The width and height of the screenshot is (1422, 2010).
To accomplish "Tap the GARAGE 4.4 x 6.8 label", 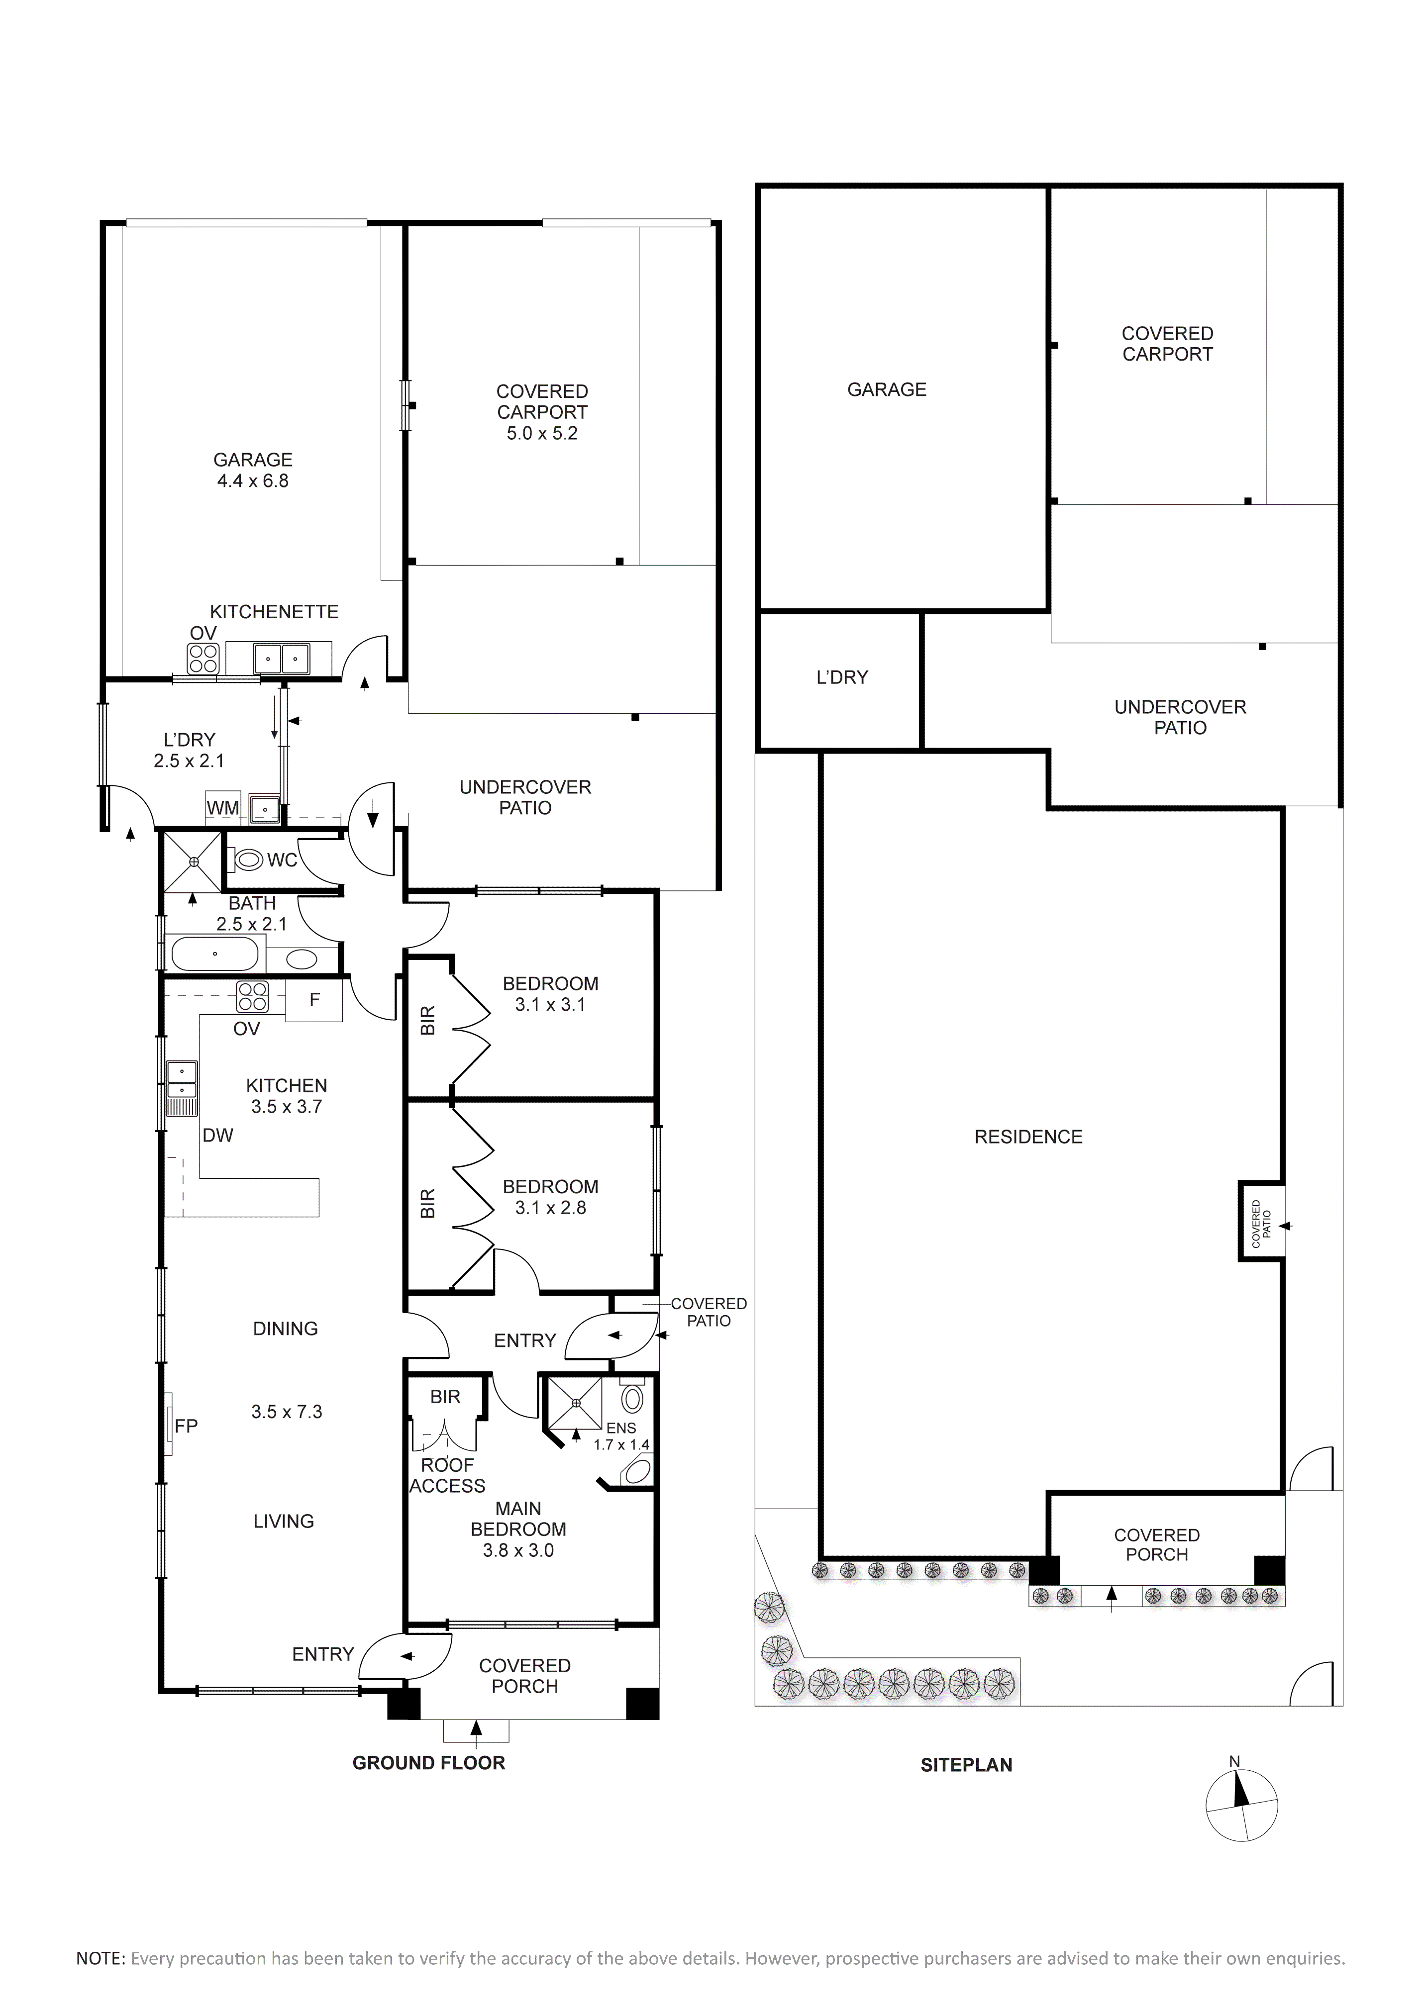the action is click(x=253, y=470).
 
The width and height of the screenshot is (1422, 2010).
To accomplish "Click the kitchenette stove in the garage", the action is click(x=203, y=659).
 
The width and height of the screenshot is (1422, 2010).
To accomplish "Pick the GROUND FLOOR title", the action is click(x=429, y=1763).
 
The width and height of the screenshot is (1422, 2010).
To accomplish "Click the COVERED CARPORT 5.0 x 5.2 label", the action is click(x=542, y=412).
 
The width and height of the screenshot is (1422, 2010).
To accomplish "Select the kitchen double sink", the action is click(x=182, y=1080).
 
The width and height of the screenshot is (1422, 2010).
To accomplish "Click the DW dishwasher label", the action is click(x=218, y=1136).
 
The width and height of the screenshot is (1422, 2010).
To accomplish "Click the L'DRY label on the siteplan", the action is click(x=841, y=677).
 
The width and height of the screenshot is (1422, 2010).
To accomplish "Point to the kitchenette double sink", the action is click(x=282, y=659).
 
